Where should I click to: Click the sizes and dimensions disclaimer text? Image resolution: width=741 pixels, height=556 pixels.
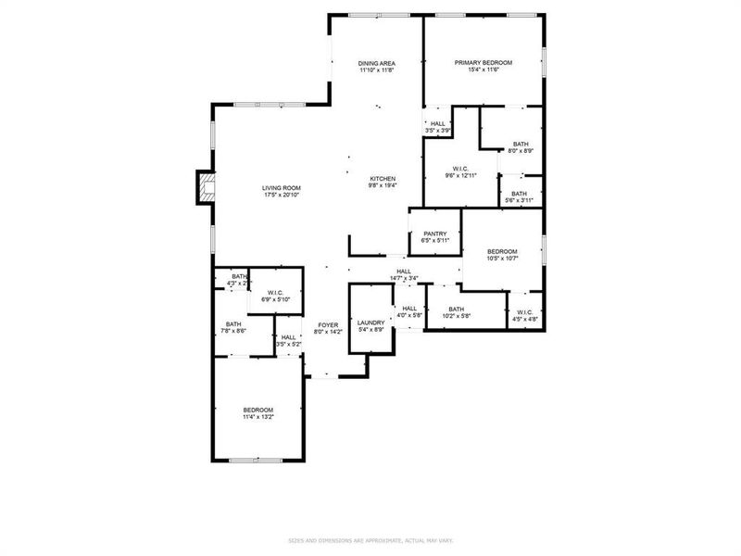(370, 540)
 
